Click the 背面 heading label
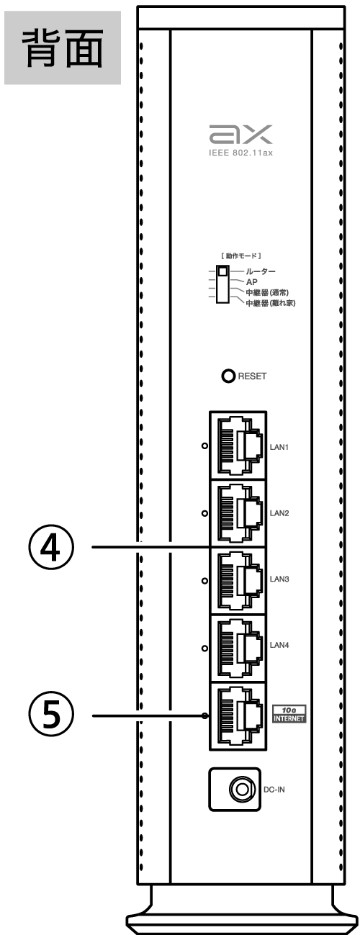click(62, 48)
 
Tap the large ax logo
click(240, 134)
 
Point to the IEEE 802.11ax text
click(240, 153)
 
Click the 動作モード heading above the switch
click(240, 256)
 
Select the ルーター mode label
click(260, 272)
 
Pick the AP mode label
click(252, 282)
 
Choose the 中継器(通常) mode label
click(267, 293)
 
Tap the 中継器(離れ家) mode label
click(270, 303)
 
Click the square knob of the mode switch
click(223, 271)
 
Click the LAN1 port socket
click(240, 446)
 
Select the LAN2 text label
click(279, 513)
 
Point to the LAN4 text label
click(279, 645)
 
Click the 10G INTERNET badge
click(289, 714)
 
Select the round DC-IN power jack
click(241, 790)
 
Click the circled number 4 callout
click(51, 547)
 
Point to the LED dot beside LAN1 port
click(204, 446)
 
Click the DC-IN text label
click(274, 790)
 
